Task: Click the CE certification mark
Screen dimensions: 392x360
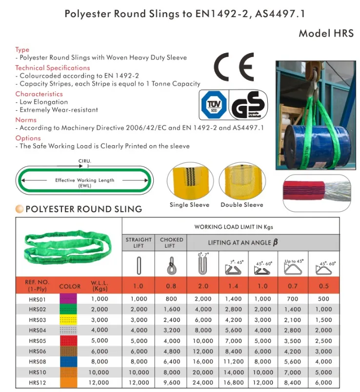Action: pos(234,67)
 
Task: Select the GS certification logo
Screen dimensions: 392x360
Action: pos(247,105)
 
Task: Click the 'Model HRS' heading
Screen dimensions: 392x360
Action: pos(325,34)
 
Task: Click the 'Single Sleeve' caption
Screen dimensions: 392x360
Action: pos(189,205)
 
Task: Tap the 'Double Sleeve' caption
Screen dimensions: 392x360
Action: pos(241,205)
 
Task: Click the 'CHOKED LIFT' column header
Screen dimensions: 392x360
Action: pos(171,242)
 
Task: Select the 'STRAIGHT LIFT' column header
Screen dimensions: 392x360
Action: pos(139,242)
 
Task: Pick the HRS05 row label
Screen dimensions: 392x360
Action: pos(37,341)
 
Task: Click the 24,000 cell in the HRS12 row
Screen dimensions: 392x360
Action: pos(203,383)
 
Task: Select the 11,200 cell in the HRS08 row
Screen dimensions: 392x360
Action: pos(233,362)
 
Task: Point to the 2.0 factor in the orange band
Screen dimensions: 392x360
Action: pos(203,286)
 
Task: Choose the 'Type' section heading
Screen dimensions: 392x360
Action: pos(22,50)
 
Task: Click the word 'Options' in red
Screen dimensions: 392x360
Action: pos(28,138)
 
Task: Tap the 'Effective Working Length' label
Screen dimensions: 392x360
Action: pos(84,180)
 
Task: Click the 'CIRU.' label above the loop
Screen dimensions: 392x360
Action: pos(84,161)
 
